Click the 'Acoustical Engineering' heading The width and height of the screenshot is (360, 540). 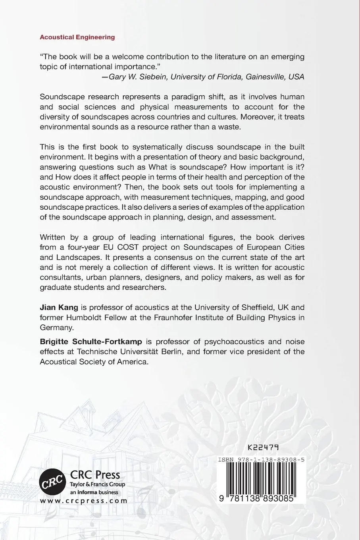(77, 37)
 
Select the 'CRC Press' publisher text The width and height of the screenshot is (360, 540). (95, 475)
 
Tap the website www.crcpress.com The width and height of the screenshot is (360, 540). (84, 501)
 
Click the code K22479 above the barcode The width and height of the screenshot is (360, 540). (263, 447)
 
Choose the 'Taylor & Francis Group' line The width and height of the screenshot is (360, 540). (97, 484)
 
